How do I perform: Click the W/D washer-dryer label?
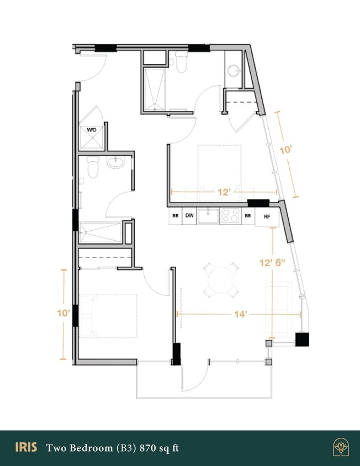click(x=91, y=130)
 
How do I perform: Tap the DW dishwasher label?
click(x=189, y=216)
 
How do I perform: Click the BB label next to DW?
click(x=175, y=216)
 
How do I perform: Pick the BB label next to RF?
click(x=248, y=216)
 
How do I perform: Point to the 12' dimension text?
click(x=224, y=193)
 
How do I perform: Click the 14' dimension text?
click(x=240, y=314)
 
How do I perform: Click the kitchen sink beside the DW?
click(x=208, y=215)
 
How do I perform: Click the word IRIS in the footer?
click(x=27, y=448)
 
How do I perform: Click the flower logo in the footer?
click(x=340, y=448)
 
